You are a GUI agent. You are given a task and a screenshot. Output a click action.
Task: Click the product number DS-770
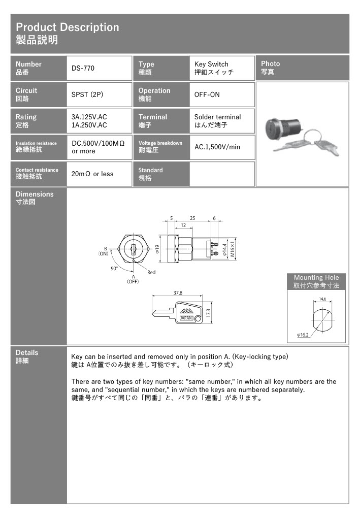pos(83,68)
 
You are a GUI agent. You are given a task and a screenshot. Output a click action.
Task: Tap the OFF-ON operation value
pos(207,94)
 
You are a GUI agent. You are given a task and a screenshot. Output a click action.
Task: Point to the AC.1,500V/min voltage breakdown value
pos(217,147)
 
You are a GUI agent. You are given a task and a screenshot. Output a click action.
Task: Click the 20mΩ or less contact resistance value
pos(92,174)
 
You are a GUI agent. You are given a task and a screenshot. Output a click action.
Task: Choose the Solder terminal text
pos(217,117)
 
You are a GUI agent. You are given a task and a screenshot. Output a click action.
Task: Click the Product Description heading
pos(67,27)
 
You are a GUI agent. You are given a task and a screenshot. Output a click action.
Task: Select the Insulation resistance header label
pos(36,143)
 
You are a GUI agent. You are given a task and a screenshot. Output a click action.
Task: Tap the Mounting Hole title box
pos(316,281)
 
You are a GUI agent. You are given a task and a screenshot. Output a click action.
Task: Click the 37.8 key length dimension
pos(178,293)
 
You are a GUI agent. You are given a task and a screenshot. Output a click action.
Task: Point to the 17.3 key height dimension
pos(208,312)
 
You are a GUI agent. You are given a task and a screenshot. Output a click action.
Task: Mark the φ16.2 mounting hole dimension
pos(303,335)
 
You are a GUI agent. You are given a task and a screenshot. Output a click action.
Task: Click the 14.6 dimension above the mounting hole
pos(322,299)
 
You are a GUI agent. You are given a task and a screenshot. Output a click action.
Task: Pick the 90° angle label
pos(114,268)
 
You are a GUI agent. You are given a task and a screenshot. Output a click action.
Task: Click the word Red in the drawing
pos(151,272)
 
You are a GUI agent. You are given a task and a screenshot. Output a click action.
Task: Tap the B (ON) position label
pos(104,250)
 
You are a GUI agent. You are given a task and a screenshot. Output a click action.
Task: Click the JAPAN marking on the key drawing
pos(186,318)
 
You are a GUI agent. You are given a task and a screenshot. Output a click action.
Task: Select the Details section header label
pos(27,352)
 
